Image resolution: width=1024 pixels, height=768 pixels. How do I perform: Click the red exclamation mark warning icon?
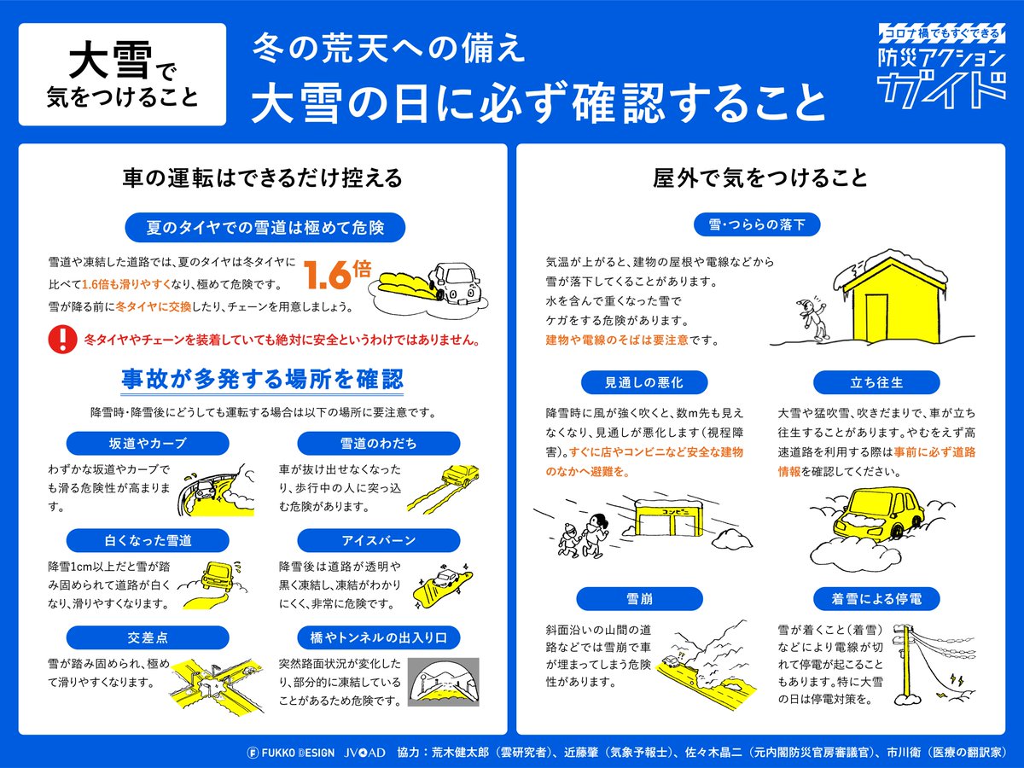62,339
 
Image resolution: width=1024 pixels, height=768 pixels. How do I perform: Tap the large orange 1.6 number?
327,275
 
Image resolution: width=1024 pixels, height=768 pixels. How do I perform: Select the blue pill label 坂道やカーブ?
148,443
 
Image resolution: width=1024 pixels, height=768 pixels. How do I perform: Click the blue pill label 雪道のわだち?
378,443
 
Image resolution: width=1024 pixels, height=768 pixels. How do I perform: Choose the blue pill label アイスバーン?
378,540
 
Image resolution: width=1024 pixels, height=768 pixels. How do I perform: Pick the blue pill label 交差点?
148,637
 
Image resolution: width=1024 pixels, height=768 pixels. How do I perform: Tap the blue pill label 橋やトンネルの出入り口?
378,637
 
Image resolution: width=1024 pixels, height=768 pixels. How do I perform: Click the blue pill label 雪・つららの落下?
757,224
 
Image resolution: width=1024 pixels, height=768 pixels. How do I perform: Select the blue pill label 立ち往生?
876,382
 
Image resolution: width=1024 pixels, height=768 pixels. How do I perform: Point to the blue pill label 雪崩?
640,599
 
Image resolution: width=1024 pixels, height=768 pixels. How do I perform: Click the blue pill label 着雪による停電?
876,599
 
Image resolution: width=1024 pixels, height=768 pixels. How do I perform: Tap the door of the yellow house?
876,317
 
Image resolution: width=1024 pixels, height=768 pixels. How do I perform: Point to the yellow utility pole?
907,665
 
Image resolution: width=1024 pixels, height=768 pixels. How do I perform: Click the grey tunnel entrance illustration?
443,682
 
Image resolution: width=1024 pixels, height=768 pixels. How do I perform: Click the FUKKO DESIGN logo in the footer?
291,753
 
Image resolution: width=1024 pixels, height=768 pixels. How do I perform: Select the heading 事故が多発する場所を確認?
262,379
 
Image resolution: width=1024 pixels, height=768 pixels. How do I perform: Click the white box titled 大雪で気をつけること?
122,74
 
